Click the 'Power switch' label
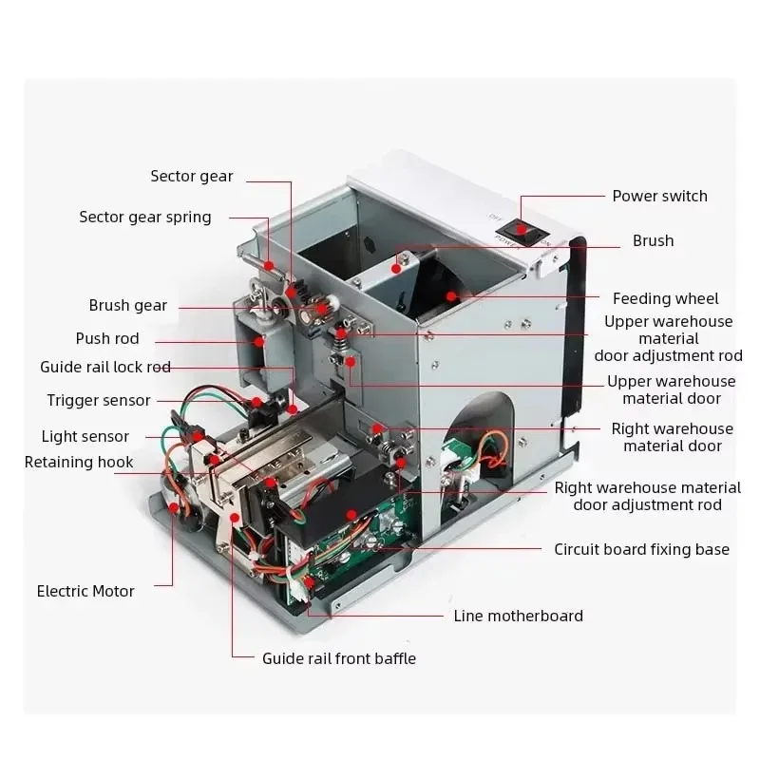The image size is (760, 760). click(x=659, y=196)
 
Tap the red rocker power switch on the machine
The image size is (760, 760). click(x=520, y=228)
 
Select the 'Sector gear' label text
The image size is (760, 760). click(x=191, y=176)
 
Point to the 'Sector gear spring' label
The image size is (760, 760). click(x=145, y=217)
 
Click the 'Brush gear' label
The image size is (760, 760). click(x=128, y=305)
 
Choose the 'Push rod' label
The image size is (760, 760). click(x=107, y=338)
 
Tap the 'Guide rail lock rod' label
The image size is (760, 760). click(x=105, y=367)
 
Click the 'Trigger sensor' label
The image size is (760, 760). click(x=99, y=400)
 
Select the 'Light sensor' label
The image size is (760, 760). click(x=85, y=436)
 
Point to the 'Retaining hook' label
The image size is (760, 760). click(x=79, y=462)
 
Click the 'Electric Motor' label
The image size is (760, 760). click(x=85, y=591)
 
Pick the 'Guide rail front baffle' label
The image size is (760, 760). click(x=339, y=657)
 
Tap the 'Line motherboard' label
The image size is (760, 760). click(x=519, y=616)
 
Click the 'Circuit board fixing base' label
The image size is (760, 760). click(x=642, y=549)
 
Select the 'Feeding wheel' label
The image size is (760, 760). click(x=666, y=298)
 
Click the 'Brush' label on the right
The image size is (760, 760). click(x=653, y=240)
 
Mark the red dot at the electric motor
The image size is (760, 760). click(x=174, y=508)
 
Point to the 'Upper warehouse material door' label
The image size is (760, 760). click(x=672, y=389)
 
